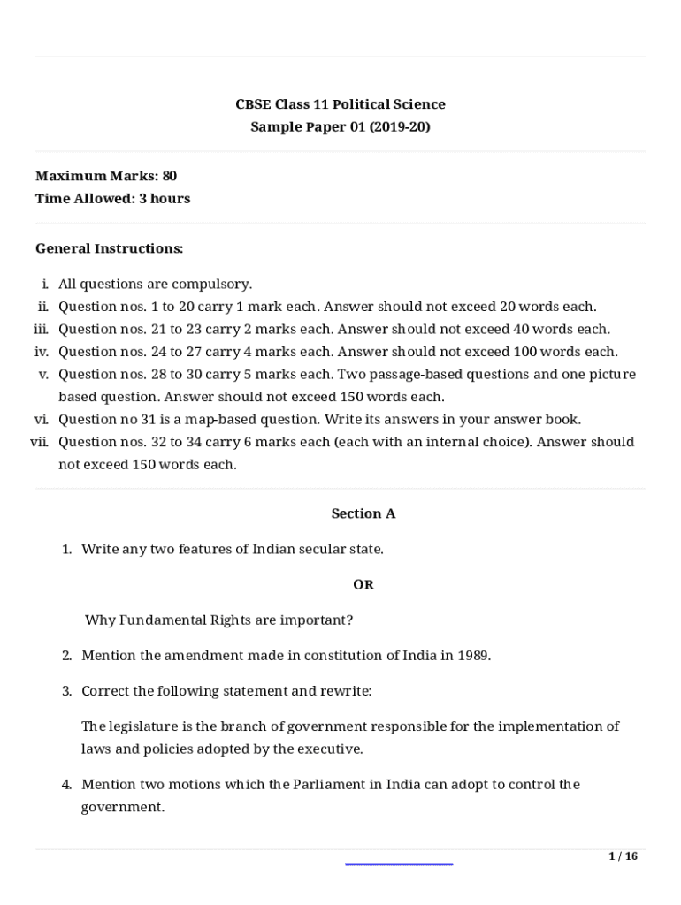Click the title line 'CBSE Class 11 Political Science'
[x=340, y=104]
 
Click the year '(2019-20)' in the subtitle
[x=400, y=126]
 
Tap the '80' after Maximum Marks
[x=170, y=176]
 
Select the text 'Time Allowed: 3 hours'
[x=112, y=198]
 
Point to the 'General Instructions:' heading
[x=110, y=248]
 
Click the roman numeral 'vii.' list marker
[x=40, y=442]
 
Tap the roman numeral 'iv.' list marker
[x=41, y=352]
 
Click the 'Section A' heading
[x=363, y=513]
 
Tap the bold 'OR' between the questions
[x=363, y=585]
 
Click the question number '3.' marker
[x=66, y=691]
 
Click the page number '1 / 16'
[x=623, y=856]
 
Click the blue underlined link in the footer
[x=398, y=863]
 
